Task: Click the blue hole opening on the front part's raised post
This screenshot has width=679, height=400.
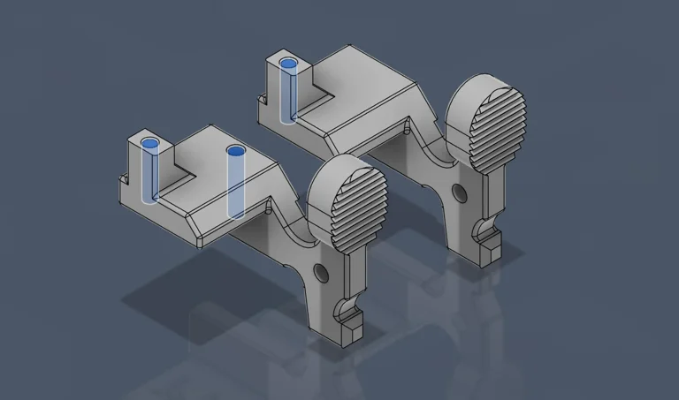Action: tap(149, 143)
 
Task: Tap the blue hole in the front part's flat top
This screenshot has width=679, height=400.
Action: tap(235, 151)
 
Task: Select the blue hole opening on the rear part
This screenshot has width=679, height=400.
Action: tap(288, 64)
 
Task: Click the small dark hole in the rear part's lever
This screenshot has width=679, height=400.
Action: tap(458, 191)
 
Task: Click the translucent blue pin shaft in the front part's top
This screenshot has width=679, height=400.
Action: tap(236, 185)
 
